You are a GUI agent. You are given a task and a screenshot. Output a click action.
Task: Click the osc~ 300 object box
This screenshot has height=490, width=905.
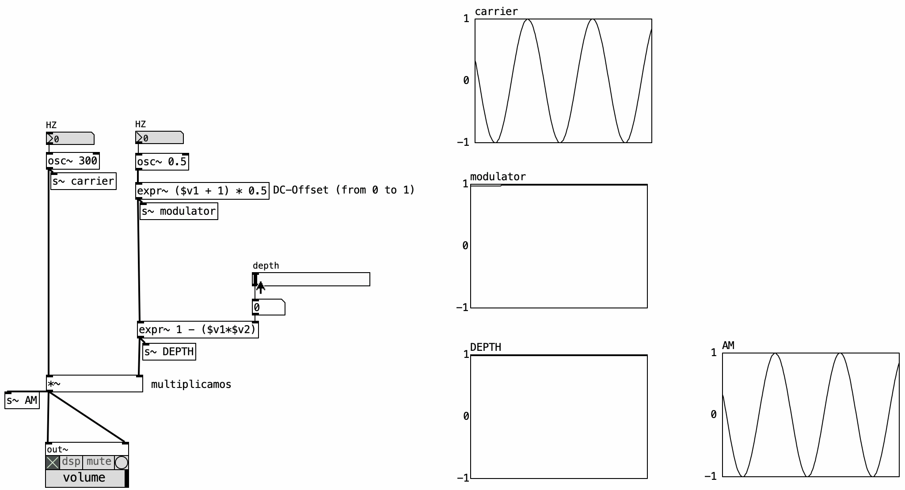tap(73, 161)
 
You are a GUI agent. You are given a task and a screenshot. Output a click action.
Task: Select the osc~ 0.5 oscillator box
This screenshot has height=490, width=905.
tap(162, 162)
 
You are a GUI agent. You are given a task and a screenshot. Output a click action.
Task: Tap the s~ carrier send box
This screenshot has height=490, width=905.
tap(84, 181)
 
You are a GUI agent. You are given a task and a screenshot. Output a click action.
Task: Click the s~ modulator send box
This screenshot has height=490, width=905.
tap(179, 211)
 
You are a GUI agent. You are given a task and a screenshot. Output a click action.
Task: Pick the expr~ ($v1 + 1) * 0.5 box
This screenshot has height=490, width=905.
tap(202, 191)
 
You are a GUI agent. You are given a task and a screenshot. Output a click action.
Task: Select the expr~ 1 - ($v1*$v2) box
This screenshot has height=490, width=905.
tap(198, 330)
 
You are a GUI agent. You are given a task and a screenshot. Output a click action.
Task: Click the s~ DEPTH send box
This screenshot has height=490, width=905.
tap(169, 352)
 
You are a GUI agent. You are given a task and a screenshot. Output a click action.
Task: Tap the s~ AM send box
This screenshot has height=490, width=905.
tap(22, 400)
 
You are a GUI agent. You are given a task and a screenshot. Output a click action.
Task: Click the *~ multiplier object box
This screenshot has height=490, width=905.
tap(95, 384)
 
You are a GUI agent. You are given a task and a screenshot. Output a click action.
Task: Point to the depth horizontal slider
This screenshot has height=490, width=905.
tap(311, 279)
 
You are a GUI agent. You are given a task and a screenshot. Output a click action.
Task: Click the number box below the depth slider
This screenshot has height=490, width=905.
tap(269, 307)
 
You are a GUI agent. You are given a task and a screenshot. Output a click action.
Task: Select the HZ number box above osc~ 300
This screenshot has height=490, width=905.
tap(70, 138)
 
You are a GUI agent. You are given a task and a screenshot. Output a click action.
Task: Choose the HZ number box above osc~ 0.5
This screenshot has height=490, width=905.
tap(160, 137)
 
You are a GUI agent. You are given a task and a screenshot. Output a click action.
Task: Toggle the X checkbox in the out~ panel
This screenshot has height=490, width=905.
tap(53, 463)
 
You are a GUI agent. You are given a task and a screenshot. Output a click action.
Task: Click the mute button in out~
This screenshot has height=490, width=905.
tap(99, 462)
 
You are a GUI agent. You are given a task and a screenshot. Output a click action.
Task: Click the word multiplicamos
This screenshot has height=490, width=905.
tap(191, 384)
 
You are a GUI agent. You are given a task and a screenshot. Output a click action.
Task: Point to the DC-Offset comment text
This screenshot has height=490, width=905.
tap(344, 190)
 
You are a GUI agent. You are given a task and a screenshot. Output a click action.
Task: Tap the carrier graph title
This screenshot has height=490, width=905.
tap(496, 11)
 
